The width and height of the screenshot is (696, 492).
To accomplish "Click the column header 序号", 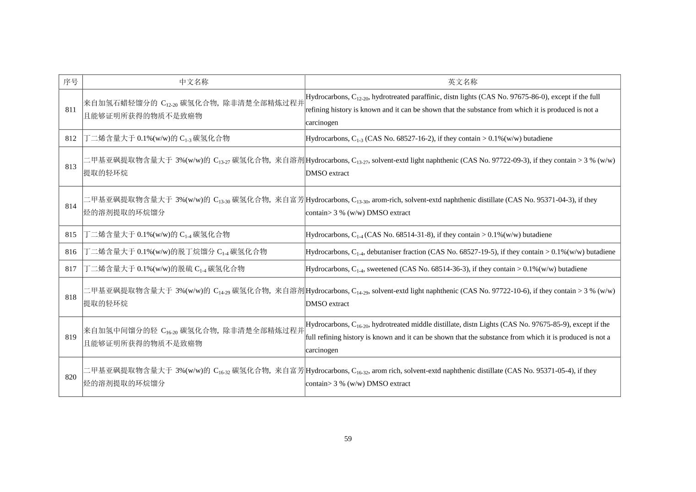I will (71, 82).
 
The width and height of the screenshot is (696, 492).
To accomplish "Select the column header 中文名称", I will (194, 82).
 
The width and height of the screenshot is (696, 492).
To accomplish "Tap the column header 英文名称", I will (462, 82).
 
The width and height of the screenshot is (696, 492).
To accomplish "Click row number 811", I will (71, 109).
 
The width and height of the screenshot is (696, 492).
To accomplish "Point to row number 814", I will (71, 206).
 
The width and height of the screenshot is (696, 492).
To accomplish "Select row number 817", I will (71, 269).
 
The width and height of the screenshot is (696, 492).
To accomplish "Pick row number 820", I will (71, 377).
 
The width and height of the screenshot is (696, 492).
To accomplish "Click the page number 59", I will (348, 439).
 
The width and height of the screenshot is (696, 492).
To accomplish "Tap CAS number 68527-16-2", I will (412, 138).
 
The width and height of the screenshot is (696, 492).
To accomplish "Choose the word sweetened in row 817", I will (382, 269).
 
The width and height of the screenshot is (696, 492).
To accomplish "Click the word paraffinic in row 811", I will (424, 97).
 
